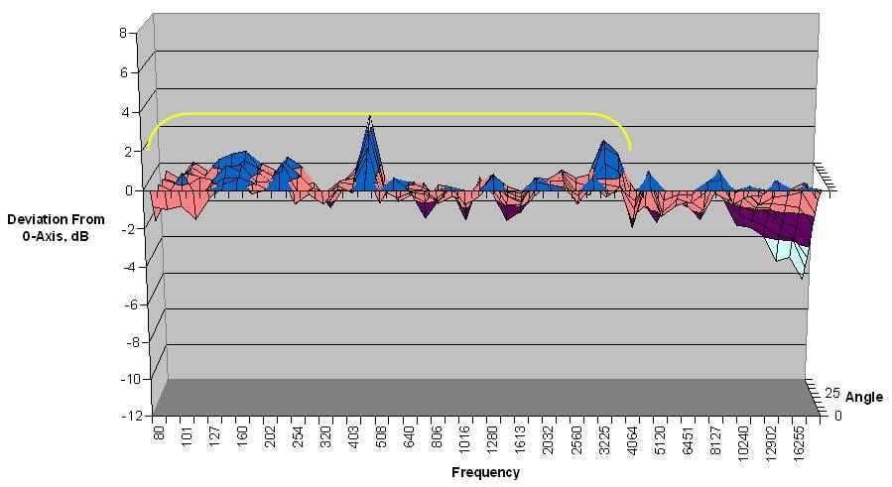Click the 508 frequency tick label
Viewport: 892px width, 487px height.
[x=381, y=443]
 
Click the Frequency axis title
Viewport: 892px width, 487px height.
[x=485, y=473]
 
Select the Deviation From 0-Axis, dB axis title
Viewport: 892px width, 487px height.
[x=49, y=228]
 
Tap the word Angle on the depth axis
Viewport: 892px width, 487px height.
[x=863, y=398]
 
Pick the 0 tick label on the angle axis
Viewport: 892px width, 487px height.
[x=838, y=416]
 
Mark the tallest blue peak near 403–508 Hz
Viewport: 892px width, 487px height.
[x=370, y=119]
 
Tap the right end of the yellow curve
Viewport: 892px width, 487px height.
[x=630, y=149]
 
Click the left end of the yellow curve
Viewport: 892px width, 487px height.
[x=147, y=149]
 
